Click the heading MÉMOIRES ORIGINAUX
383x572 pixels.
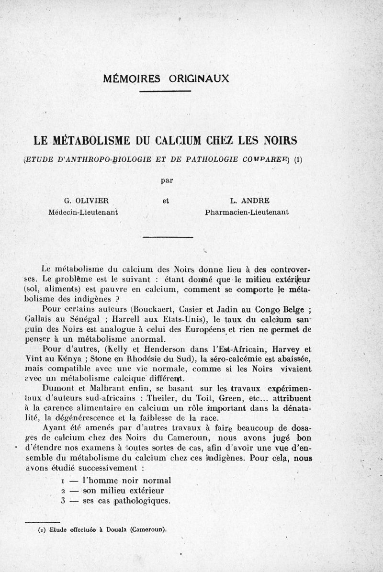[167, 78]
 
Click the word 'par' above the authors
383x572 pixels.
[167, 180]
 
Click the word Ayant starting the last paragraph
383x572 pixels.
[55, 428]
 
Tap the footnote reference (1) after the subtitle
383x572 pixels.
[299, 159]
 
